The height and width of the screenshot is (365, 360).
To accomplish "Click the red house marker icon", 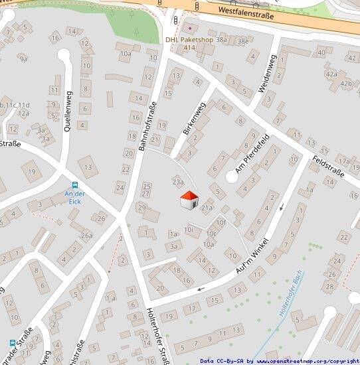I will click(x=189, y=199).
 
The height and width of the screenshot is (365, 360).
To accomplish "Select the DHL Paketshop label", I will click(x=189, y=39).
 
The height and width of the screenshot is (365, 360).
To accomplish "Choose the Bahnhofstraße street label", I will click(x=147, y=127).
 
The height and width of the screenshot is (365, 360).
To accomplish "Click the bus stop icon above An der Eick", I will click(x=75, y=185).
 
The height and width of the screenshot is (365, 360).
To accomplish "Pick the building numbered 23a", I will click(x=177, y=181).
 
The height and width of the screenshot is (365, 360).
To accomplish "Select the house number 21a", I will click(x=207, y=208).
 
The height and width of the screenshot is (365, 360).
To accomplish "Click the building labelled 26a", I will click(x=86, y=235).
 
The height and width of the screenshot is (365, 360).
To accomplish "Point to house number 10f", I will click(x=222, y=222).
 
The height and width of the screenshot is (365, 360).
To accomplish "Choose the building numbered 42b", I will click(x=345, y=84).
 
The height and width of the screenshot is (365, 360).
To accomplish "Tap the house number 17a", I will click(x=343, y=161).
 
